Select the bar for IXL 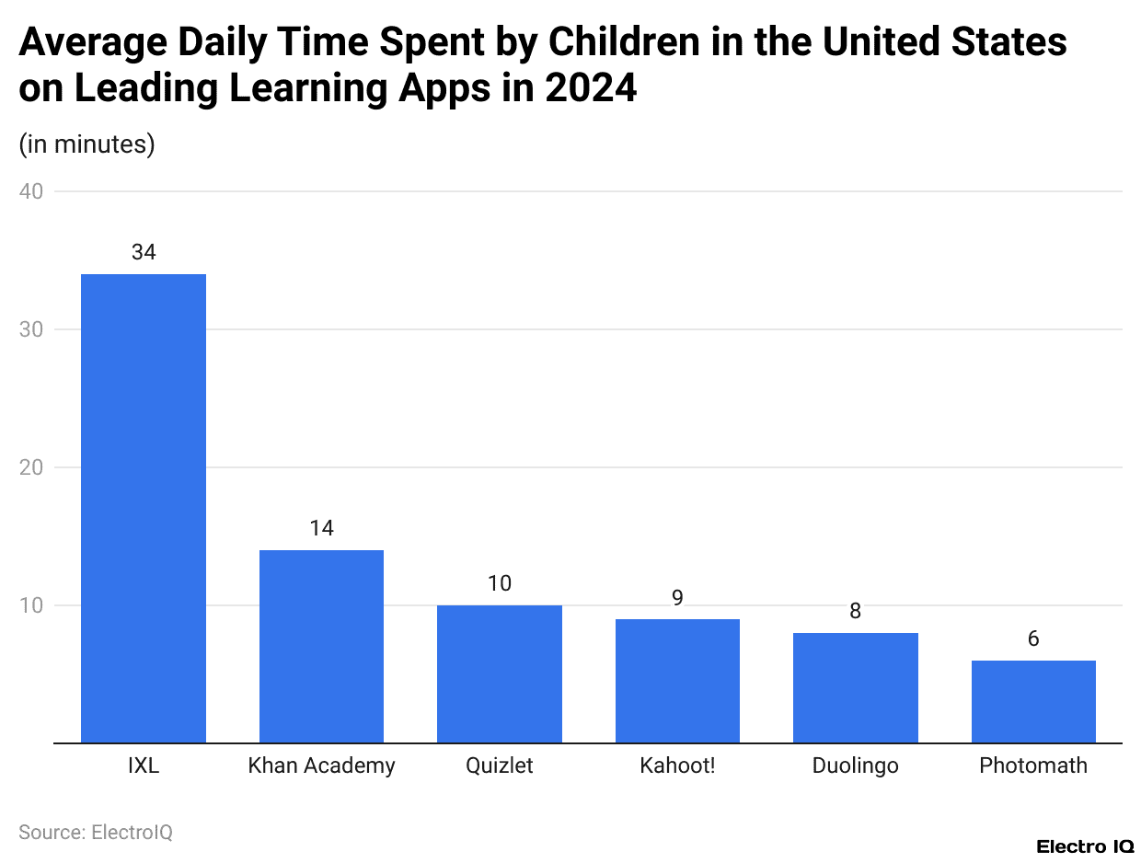(144, 508)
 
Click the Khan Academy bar (321, 646)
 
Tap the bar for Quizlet (500, 673)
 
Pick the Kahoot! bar (677, 681)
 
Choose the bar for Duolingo (855, 687)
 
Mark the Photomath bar (1033, 701)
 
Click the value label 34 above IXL (144, 252)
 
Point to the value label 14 (321, 528)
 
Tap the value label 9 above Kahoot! (677, 597)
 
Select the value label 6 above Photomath (1033, 639)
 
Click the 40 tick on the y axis (31, 191)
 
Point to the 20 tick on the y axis (31, 467)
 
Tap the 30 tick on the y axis (31, 329)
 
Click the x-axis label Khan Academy (321, 765)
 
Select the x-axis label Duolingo (855, 765)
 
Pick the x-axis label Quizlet (500, 765)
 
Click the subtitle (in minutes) (86, 144)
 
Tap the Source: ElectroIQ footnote (96, 832)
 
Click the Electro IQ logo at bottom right (1085, 846)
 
